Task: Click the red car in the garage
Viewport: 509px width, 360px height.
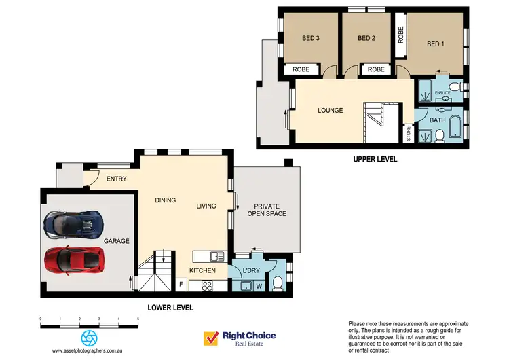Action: point(75,259)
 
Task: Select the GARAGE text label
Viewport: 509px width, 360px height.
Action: point(116,241)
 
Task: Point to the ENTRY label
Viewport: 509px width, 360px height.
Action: point(117,179)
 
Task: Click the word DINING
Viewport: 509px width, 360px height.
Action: point(165,200)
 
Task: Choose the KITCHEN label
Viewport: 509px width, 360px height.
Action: point(202,270)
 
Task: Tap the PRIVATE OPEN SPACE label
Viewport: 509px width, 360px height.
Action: point(269,209)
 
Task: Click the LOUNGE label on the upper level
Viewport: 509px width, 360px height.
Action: point(330,111)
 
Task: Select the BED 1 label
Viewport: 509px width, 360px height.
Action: point(436,44)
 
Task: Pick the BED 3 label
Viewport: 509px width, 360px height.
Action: point(310,38)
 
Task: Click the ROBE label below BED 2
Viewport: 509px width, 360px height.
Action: point(376,69)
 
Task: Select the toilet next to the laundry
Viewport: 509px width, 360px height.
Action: point(278,283)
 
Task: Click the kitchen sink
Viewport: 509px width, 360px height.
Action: point(216,256)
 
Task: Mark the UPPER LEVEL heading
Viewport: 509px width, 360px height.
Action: point(375,160)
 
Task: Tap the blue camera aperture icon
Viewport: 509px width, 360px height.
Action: point(89,338)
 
